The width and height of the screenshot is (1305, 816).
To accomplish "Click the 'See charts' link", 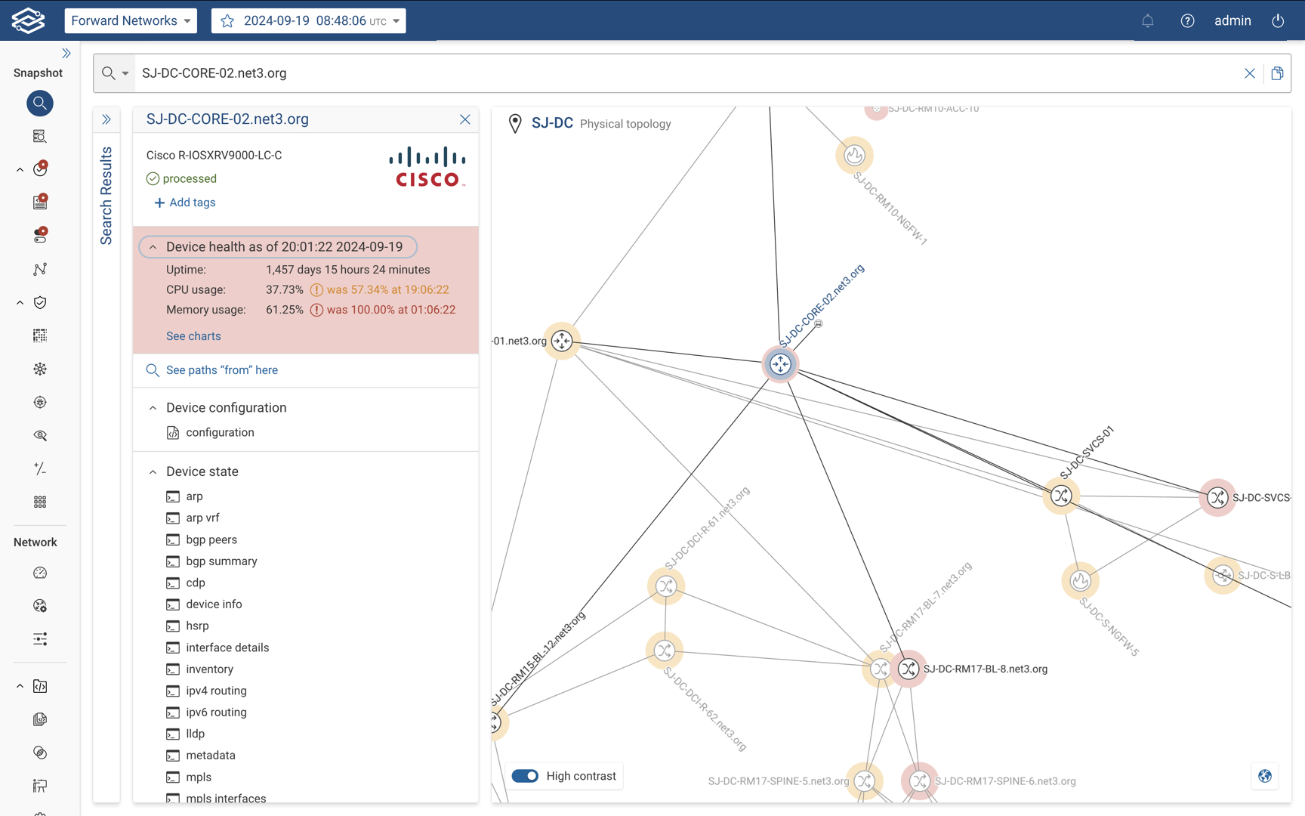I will (x=193, y=336).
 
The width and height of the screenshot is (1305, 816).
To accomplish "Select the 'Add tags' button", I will (x=185, y=202).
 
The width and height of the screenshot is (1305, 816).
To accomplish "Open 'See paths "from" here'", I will (x=221, y=370).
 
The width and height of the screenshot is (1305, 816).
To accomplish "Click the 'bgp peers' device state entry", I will (x=211, y=539).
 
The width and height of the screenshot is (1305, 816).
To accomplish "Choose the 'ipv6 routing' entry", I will (x=216, y=712).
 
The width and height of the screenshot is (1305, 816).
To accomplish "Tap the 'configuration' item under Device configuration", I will (x=220, y=432).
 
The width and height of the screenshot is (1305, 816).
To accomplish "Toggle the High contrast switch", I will (x=526, y=776).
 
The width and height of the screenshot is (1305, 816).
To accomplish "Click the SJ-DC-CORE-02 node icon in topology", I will (x=780, y=364).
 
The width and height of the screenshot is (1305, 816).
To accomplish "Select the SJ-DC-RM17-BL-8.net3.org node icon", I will (x=909, y=669).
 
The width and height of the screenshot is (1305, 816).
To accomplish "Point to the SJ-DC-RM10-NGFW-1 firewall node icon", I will (x=854, y=156).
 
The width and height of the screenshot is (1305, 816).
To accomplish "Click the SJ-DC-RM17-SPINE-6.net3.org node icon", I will (x=919, y=780).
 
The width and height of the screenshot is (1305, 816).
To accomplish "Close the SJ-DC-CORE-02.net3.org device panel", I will (x=465, y=119).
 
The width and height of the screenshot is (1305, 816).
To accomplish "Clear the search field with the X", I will (x=1250, y=73).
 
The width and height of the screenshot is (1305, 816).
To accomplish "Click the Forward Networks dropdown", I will (x=131, y=20).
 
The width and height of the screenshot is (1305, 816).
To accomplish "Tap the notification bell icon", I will (x=1147, y=20).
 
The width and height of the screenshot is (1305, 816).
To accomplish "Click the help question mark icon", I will (x=1187, y=20).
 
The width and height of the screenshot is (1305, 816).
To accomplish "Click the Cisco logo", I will (x=427, y=166).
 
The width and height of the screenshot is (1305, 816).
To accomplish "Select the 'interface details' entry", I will (x=227, y=648).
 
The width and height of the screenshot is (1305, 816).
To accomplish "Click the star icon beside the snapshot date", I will (x=227, y=20).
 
